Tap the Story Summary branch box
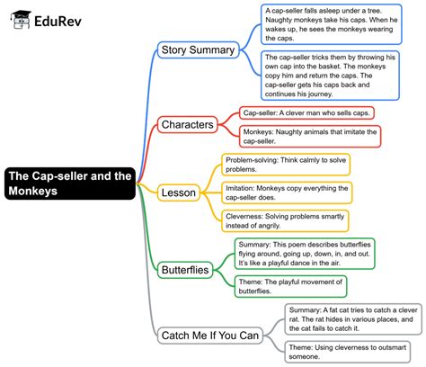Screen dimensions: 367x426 click(x=200, y=49)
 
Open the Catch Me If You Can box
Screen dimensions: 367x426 click(x=209, y=336)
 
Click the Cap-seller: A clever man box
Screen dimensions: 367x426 click(x=307, y=113)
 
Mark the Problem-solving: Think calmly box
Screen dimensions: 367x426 click(x=286, y=164)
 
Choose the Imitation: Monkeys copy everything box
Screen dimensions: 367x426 click(x=286, y=192)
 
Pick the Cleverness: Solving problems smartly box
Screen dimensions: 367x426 click(x=286, y=221)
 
